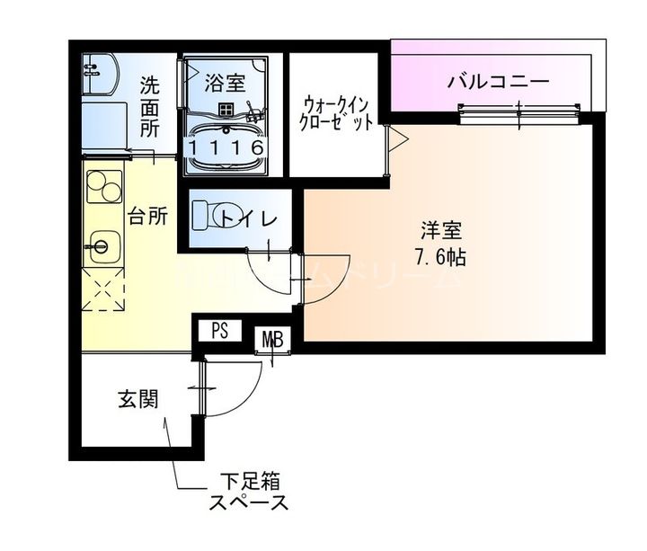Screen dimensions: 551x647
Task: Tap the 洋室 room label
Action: click(x=439, y=227)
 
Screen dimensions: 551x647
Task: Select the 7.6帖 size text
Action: click(x=439, y=257)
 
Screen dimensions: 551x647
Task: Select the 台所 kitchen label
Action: click(x=147, y=216)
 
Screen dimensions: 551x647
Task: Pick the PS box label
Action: click(x=220, y=330)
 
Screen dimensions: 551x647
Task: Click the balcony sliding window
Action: click(x=518, y=111)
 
